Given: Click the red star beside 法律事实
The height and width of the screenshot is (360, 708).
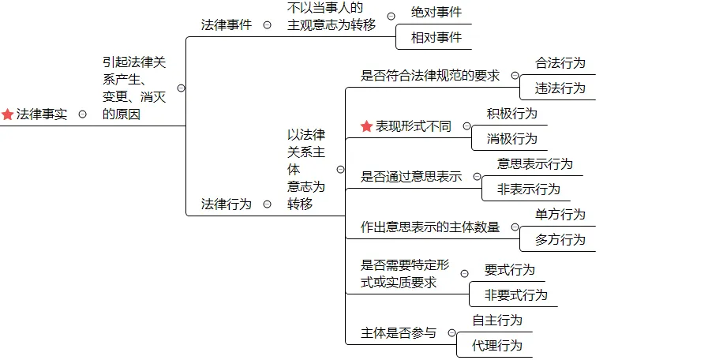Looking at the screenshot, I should tap(8, 114).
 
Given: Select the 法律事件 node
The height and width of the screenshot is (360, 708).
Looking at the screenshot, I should tap(227, 24).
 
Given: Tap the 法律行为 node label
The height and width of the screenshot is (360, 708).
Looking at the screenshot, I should tap(227, 204).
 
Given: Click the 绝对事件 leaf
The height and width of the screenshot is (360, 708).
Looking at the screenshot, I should tap(436, 13).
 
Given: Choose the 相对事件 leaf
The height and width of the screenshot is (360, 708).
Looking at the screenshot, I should tap(436, 37).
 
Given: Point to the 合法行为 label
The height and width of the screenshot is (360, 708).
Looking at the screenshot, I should tap(560, 63).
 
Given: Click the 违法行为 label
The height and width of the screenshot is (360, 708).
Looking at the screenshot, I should tap(560, 88).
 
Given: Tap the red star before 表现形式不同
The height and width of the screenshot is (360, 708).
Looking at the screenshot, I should tap(366, 126).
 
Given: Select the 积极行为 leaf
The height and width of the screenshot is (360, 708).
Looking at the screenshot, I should tap(512, 114).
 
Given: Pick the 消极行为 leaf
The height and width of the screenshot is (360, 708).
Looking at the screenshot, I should tap(512, 138).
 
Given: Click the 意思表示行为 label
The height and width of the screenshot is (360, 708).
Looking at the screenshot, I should tap(535, 164).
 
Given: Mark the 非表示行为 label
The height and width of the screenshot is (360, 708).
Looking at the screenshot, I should tap(528, 189).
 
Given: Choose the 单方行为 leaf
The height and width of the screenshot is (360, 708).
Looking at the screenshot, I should tap(560, 215).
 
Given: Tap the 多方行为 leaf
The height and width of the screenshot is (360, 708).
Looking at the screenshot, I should tap(560, 239).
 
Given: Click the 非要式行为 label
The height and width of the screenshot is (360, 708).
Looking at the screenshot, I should tap(515, 294).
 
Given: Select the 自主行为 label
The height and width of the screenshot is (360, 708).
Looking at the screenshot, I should tap(497, 321).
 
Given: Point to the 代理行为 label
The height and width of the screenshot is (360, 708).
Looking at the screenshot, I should tap(497, 345).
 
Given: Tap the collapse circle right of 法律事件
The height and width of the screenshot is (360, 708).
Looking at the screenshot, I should tap(267, 24).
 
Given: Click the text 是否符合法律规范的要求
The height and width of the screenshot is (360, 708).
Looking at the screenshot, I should tap(430, 76).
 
